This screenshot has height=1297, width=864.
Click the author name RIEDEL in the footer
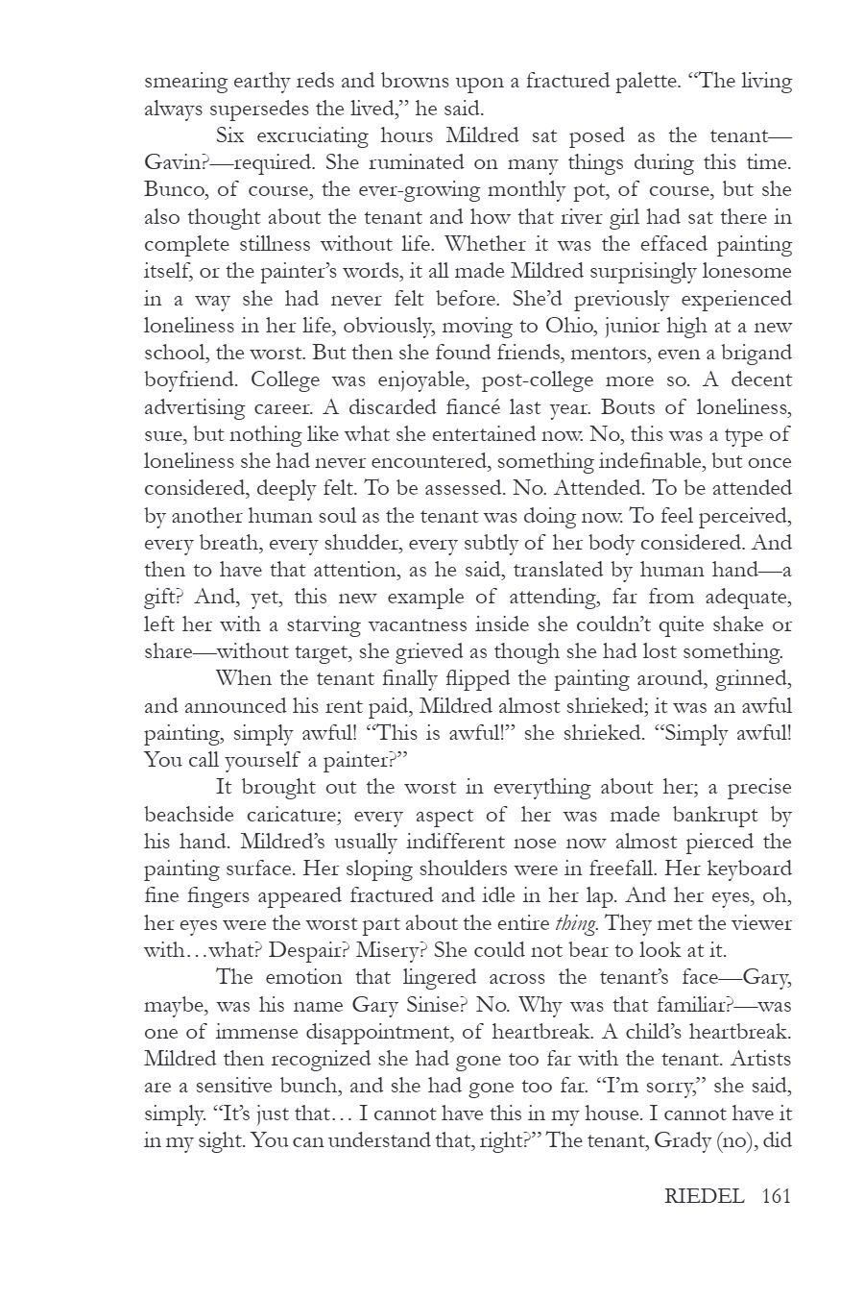[704, 1196]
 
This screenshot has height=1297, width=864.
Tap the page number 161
[775, 1196]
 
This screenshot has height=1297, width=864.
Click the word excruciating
[315, 135]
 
